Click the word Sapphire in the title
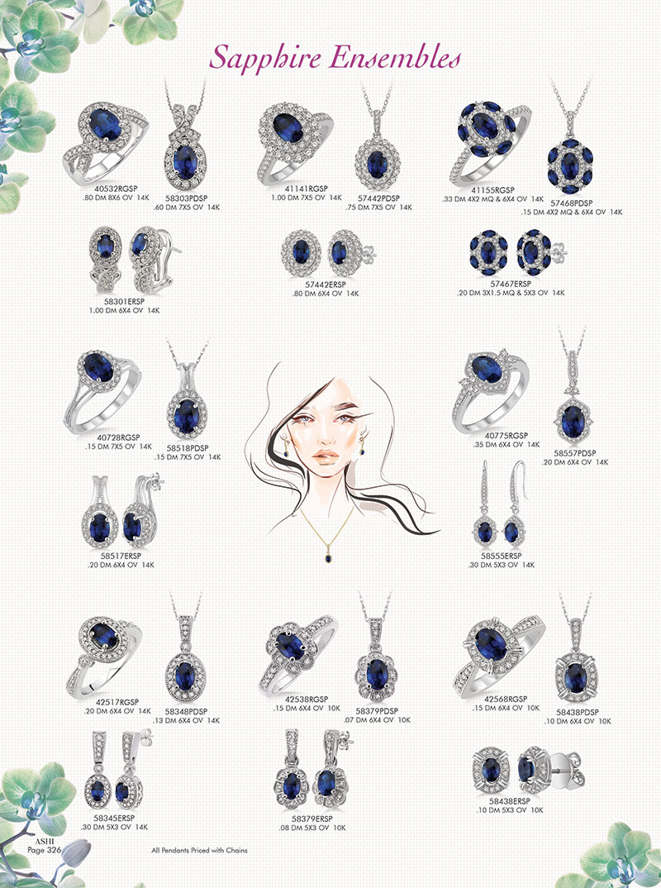click(265, 59)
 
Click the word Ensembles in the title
click(396, 58)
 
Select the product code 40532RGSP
click(116, 189)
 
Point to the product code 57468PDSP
click(572, 203)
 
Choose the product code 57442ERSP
click(326, 284)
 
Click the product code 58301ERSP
click(124, 301)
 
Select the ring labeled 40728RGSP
click(102, 392)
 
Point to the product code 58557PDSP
click(575, 453)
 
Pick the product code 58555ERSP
click(502, 556)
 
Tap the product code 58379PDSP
click(377, 711)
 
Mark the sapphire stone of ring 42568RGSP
click(491, 644)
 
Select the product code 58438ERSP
click(510, 801)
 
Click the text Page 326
click(44, 849)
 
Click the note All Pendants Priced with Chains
click(199, 850)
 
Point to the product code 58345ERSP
click(114, 818)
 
